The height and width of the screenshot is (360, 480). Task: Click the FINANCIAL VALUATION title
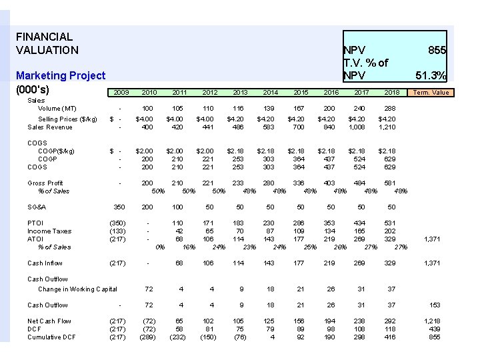pyautogui.click(x=47, y=43)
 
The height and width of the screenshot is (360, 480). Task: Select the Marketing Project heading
pyautogui.click(x=61, y=76)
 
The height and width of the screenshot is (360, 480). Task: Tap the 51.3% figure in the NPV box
pyautogui.click(x=431, y=75)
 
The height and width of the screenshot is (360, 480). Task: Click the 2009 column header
pyautogui.click(x=121, y=93)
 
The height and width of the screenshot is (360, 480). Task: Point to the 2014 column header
pyautogui.click(x=270, y=93)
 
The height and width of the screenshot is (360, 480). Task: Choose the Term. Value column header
pyautogui.click(x=431, y=93)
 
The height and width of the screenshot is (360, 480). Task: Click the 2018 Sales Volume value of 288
pyautogui.click(x=391, y=108)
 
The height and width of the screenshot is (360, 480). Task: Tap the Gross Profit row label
pyautogui.click(x=45, y=183)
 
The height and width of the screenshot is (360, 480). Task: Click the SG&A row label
pyautogui.click(x=37, y=207)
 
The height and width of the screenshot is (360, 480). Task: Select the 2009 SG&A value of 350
pyautogui.click(x=120, y=207)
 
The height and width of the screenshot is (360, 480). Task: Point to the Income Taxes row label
pyautogui.click(x=49, y=231)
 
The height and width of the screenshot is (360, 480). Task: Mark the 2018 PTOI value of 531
pyautogui.click(x=391, y=223)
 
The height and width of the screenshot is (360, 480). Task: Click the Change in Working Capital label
pyautogui.click(x=77, y=289)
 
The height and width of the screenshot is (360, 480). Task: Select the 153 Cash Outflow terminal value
pyautogui.click(x=434, y=305)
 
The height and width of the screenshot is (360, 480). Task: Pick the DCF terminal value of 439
pyautogui.click(x=434, y=329)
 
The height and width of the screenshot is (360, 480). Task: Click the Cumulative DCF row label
pyautogui.click(x=51, y=337)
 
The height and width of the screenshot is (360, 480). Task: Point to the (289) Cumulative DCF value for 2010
pyautogui.click(x=148, y=337)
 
